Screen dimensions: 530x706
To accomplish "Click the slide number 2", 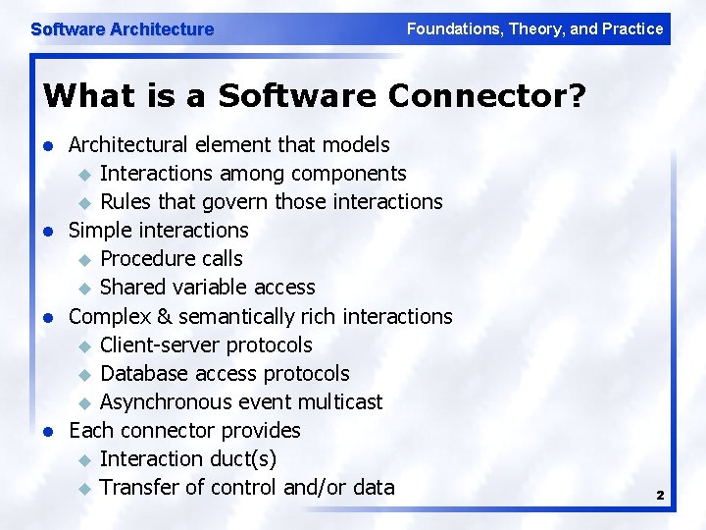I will point(660,497).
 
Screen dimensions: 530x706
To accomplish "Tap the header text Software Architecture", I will point(123,29).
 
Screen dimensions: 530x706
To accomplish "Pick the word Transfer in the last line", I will point(138,488).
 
